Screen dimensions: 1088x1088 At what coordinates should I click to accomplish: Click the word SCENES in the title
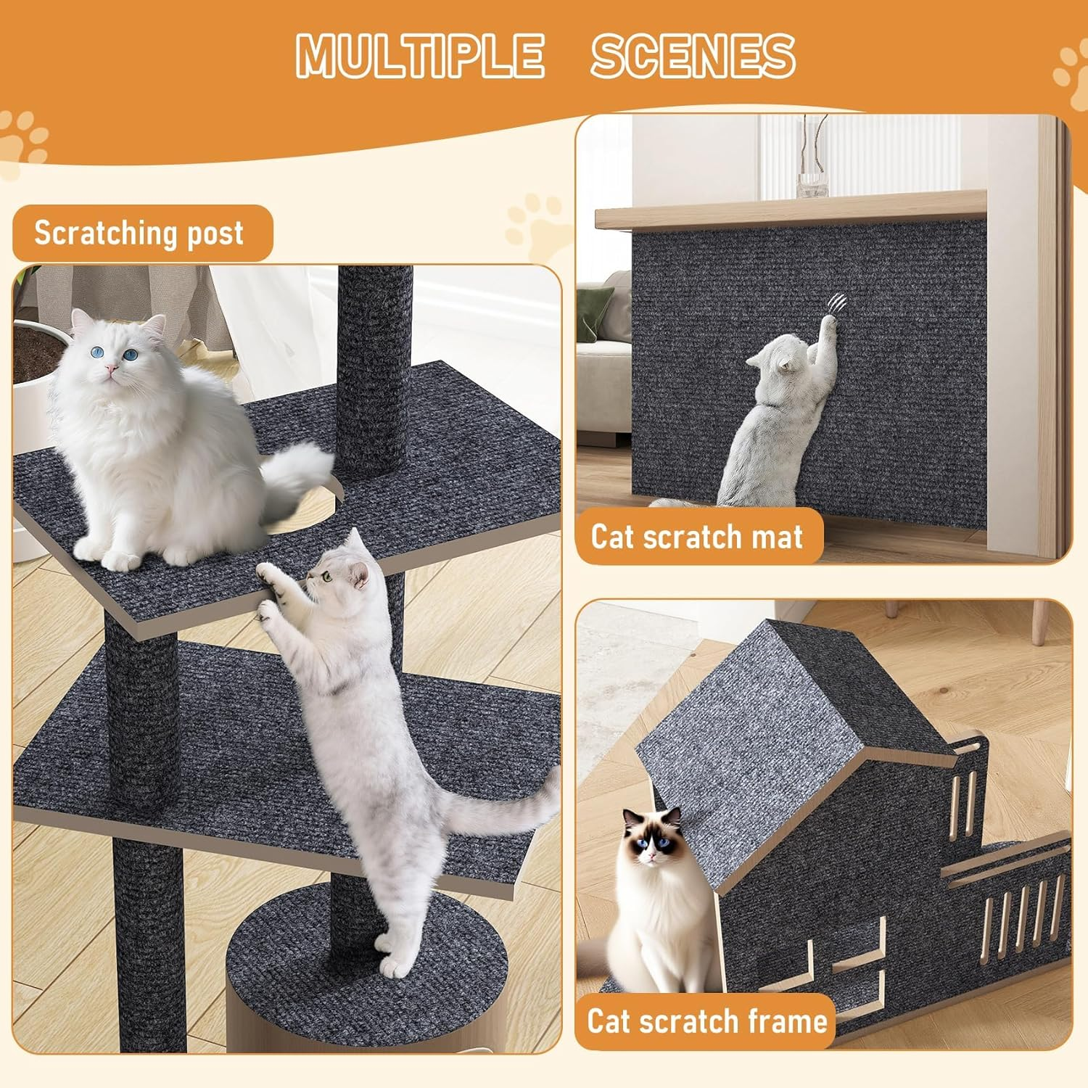click(x=693, y=55)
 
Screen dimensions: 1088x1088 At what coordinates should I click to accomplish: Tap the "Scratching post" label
click(x=139, y=234)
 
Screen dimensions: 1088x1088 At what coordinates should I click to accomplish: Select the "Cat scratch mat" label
click(x=696, y=537)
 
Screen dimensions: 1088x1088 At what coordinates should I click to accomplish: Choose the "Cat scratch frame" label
click(x=706, y=1021)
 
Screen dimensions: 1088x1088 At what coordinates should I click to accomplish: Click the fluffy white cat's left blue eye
click(x=96, y=352)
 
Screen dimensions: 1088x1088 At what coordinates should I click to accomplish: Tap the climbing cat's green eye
click(x=327, y=577)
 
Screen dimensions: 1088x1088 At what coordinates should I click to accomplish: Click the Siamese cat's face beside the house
click(x=653, y=841)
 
